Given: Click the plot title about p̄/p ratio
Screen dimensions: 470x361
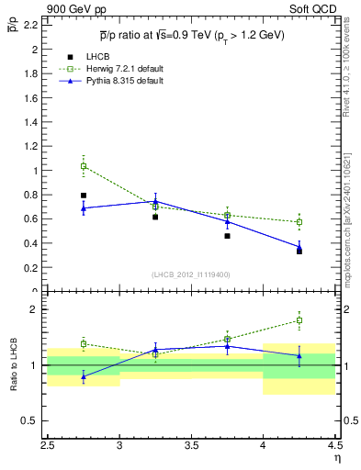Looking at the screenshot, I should [192, 36].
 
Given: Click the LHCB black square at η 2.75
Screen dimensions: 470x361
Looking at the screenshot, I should [84, 196].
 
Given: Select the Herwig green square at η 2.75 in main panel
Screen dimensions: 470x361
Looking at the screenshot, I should [84, 166].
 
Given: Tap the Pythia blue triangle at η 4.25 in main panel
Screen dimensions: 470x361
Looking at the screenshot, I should [299, 247].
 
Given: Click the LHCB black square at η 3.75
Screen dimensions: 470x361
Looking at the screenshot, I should [227, 236].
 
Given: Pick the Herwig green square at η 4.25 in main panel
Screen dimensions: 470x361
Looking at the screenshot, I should [299, 222].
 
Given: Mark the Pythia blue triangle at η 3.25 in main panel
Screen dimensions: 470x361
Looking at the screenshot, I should [155, 201].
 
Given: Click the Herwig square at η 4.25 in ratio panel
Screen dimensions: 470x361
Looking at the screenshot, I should [299, 320].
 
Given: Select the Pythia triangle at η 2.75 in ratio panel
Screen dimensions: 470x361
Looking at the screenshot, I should [84, 376].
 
